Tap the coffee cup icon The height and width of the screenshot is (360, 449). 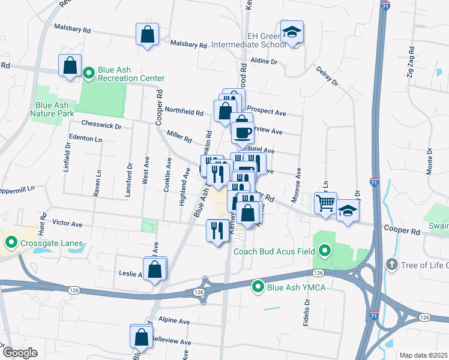click(x=243, y=132)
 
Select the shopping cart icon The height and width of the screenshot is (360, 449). click(x=325, y=203)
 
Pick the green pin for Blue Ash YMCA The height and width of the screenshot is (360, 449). click(x=258, y=287)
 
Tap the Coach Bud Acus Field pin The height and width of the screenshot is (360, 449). click(x=325, y=251)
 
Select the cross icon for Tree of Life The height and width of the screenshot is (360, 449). click(x=391, y=264)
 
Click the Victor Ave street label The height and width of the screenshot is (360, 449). click(x=67, y=224)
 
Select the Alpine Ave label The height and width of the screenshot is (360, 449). click(x=174, y=320)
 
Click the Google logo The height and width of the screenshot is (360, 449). click(x=20, y=353)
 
